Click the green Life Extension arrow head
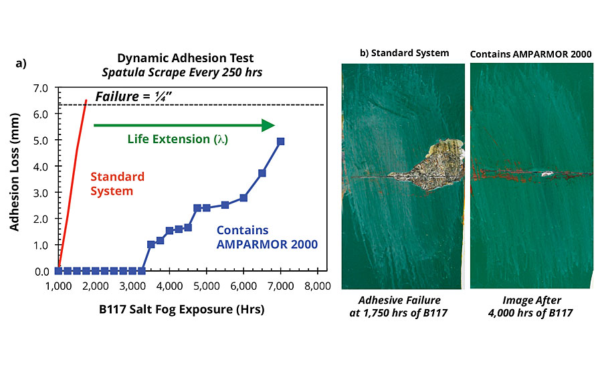pyautogui.click(x=268, y=125)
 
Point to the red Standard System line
pyautogui.click(x=72, y=185)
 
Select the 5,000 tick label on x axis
pyautogui.click(x=207, y=286)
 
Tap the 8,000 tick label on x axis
pyautogui.click(x=318, y=286)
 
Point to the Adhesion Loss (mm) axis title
pyautogui.click(x=14, y=172)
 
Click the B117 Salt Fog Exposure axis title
pyautogui.click(x=181, y=310)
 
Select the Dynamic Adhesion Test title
pyautogui.click(x=185, y=58)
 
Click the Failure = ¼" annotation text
pyautogui.click(x=133, y=96)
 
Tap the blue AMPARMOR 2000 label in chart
pyautogui.click(x=267, y=244)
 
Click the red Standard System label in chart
pyautogui.click(x=117, y=184)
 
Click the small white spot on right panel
pyautogui.click(x=546, y=174)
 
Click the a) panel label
pyautogui.click(x=21, y=64)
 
